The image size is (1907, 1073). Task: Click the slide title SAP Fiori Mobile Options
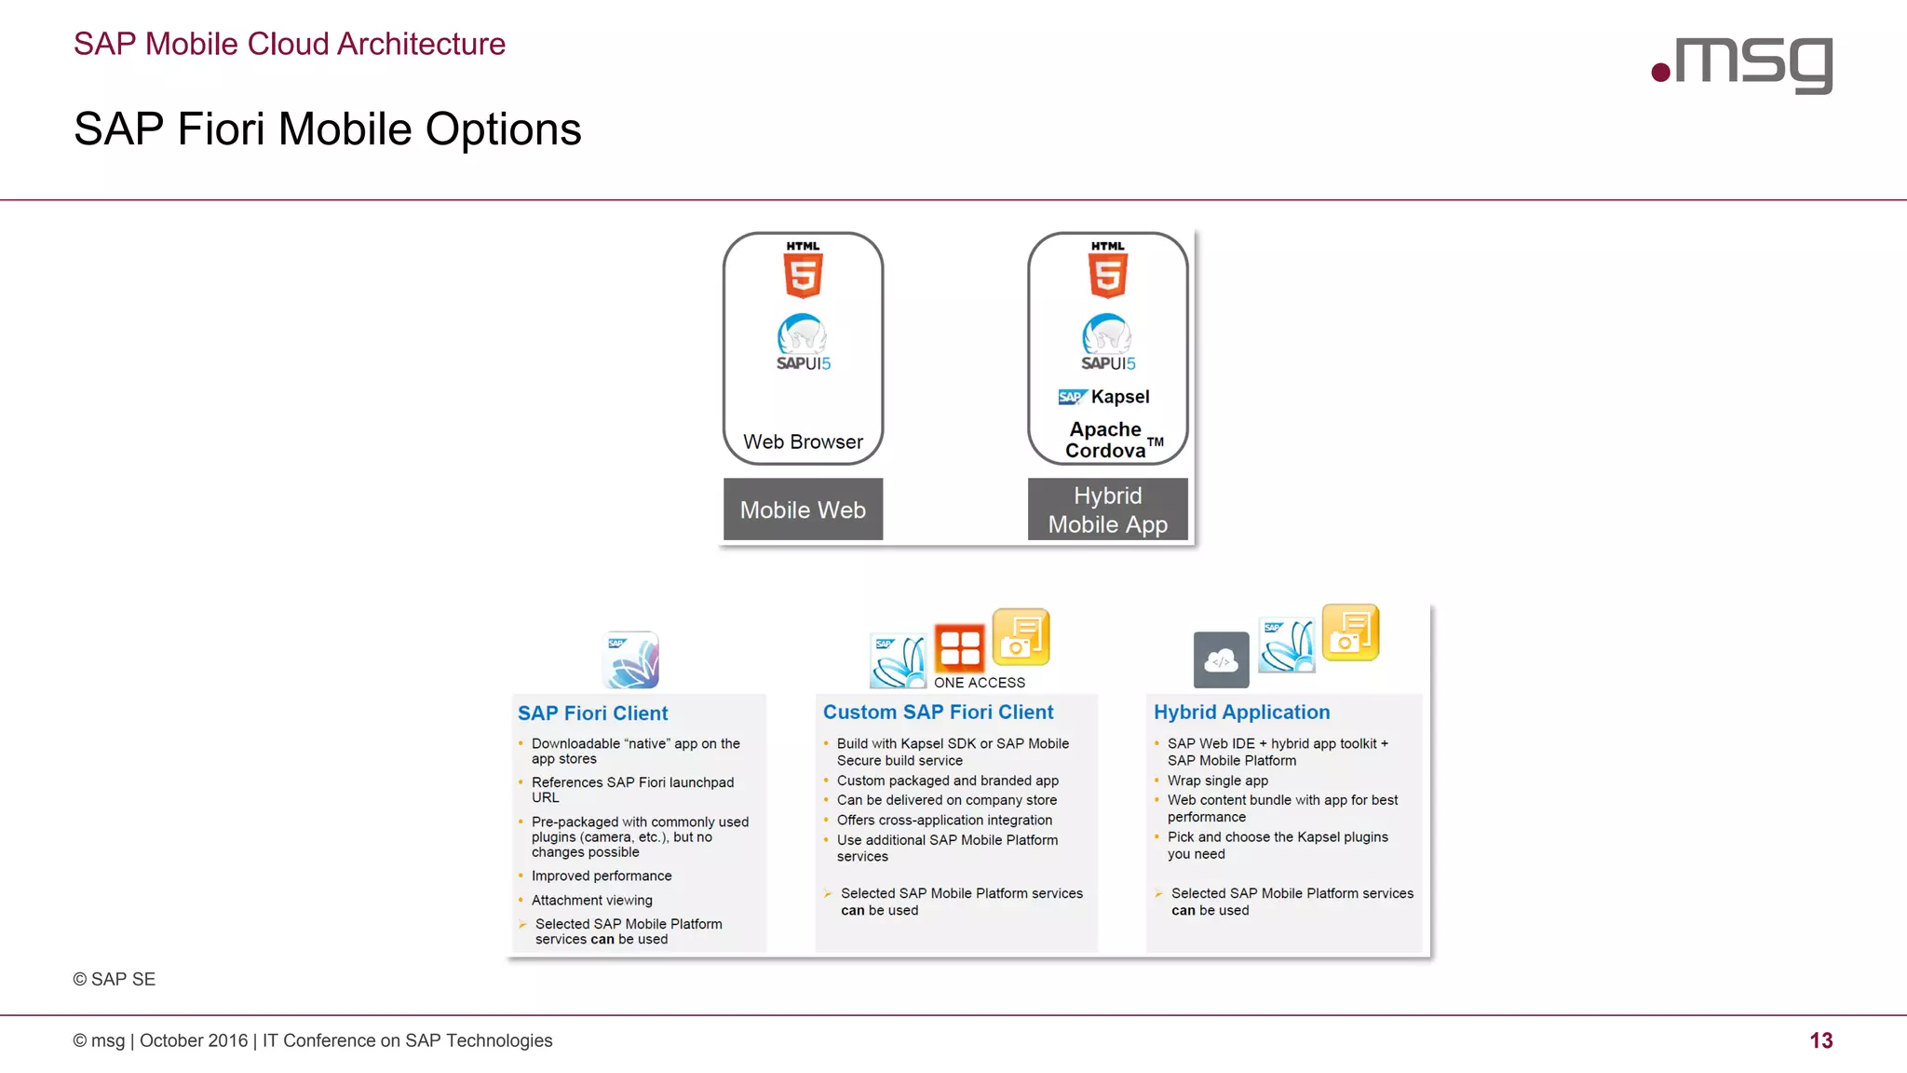point(327,129)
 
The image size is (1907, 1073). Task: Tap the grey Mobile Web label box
point(803,509)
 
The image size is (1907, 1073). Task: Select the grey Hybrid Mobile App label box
point(1107,509)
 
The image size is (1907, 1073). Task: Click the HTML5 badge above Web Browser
point(803,270)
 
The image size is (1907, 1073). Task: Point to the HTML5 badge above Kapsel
point(1107,270)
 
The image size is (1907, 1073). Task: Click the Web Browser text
point(803,441)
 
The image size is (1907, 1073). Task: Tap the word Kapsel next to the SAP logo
point(1120,397)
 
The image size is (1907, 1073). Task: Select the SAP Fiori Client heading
point(592,713)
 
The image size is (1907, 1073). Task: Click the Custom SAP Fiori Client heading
point(938,713)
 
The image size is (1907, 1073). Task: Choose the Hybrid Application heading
point(1241,713)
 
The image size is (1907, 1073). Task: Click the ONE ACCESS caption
point(980,683)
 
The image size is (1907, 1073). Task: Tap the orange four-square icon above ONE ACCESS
point(959,647)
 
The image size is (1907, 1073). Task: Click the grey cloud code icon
point(1221,660)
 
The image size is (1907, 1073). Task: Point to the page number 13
point(1820,1040)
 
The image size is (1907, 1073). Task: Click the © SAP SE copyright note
point(115,979)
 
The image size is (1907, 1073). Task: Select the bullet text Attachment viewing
point(591,900)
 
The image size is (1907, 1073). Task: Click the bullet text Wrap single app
point(1217,781)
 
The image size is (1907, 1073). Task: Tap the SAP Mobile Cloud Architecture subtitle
point(290,44)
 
